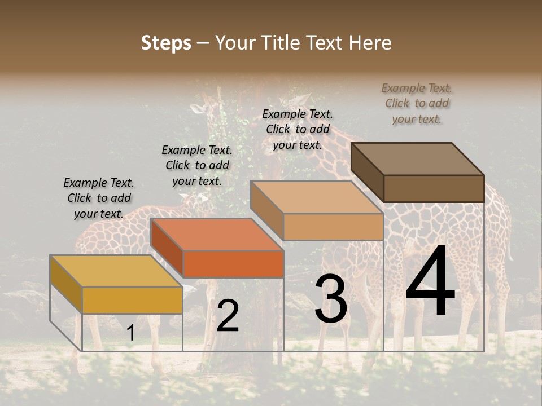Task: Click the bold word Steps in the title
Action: point(166,43)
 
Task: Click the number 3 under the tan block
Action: point(331,299)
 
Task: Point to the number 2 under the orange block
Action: point(228,316)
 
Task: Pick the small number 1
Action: point(130,333)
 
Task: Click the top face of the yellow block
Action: point(116,271)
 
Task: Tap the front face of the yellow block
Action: point(132,300)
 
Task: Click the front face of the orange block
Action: point(233,264)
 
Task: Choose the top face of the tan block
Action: point(317,197)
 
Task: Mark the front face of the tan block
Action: point(333,227)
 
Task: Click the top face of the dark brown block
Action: point(417,158)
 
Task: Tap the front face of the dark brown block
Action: point(434,188)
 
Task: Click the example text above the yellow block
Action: point(99,198)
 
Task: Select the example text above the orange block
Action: point(197,165)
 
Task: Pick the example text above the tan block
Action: point(298,129)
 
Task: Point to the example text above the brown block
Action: point(417,103)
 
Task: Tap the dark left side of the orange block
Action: point(167,248)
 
